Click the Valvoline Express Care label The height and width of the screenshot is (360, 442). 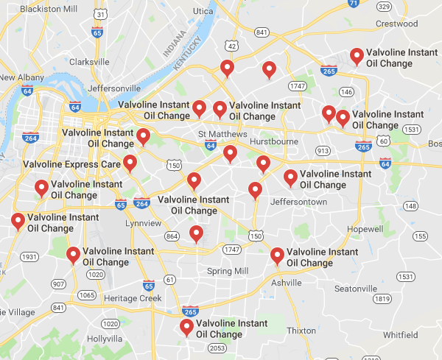tap(71, 164)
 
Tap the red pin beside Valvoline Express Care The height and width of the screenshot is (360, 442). tap(130, 163)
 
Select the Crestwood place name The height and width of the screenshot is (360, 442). tap(397, 24)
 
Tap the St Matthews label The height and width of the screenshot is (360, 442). tap(218, 133)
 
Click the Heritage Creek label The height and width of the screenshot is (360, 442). tap(133, 298)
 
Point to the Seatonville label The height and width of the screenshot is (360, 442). tap(356, 288)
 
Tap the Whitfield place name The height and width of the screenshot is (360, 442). tap(400, 334)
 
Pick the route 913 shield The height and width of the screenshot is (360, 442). tap(323, 150)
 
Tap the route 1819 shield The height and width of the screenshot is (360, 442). tap(382, 299)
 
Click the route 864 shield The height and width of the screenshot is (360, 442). tap(172, 236)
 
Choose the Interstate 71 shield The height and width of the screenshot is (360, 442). tap(354, 3)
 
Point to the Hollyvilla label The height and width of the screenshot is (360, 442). tap(104, 339)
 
